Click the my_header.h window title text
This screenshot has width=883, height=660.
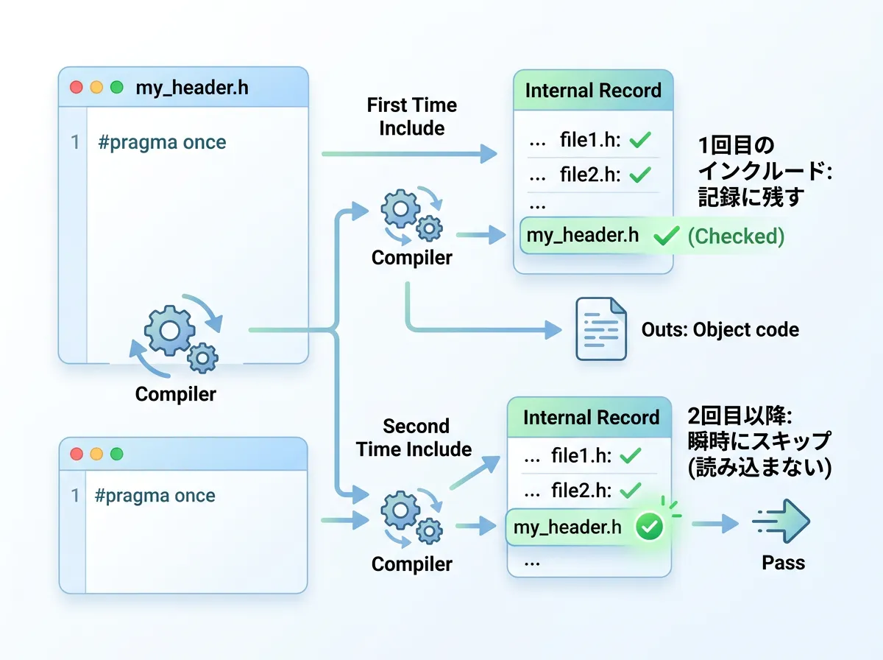click(x=192, y=88)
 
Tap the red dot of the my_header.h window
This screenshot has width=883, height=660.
click(x=76, y=88)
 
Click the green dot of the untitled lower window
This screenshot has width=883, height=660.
click(x=116, y=454)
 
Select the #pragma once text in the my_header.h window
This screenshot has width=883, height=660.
click(x=162, y=142)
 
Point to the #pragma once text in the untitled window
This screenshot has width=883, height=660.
click(x=155, y=495)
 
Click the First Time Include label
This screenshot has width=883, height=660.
click(x=412, y=116)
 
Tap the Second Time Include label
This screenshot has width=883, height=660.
click(x=414, y=438)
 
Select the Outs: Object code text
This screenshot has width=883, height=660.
click(x=720, y=329)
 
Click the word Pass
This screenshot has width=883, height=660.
click(x=783, y=564)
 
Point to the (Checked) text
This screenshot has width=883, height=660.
click(x=736, y=236)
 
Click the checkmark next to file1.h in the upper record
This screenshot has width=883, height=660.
click(x=640, y=141)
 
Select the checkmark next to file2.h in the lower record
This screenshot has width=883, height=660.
click(x=631, y=490)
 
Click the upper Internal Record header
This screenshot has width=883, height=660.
click(x=593, y=91)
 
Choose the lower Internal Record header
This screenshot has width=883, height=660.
click(x=591, y=418)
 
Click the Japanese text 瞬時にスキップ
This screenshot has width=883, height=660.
click(x=759, y=441)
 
